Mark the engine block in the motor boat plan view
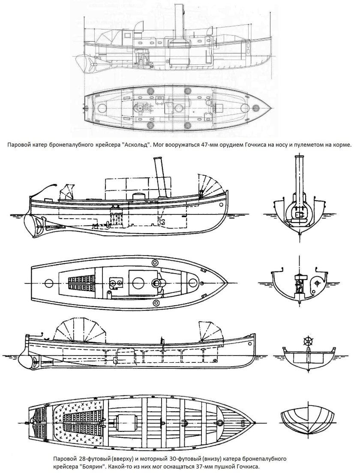tap(126, 423)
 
